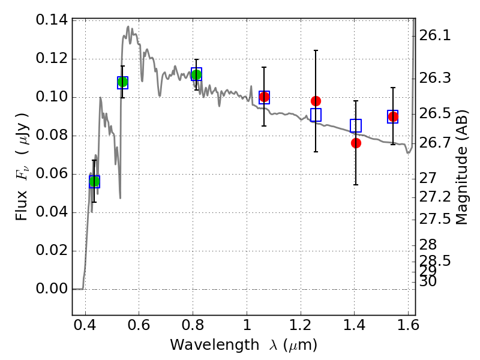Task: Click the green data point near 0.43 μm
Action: pos(94,181)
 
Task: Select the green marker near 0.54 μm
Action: pos(122,82)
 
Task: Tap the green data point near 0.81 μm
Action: pos(196,74)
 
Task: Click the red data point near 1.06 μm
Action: pos(264,97)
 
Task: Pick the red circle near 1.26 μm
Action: pos(316,101)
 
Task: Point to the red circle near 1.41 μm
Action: pos(356,143)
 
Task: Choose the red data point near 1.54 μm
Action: pos(393,116)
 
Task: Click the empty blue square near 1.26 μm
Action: pos(316,115)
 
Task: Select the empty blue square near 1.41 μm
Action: pos(356,126)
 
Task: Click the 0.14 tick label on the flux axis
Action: pos(52,20)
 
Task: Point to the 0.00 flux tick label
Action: pos(52,289)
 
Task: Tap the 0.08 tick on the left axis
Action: pos(52,136)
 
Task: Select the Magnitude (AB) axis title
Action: pos(461,167)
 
